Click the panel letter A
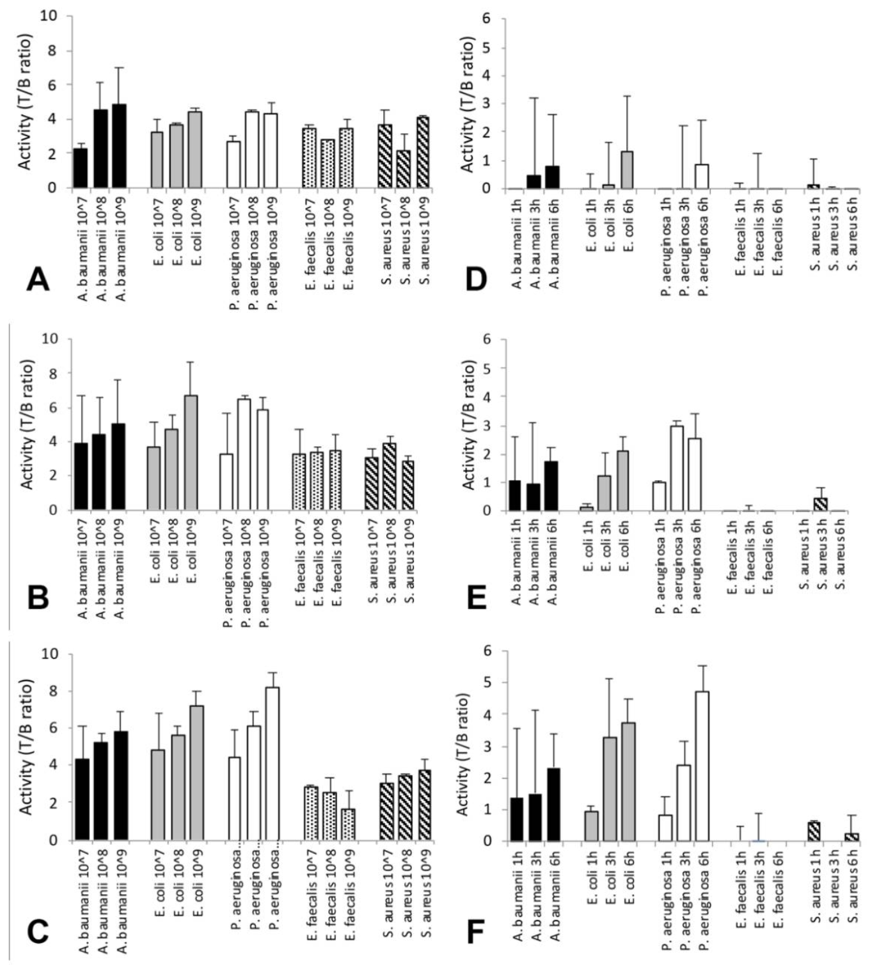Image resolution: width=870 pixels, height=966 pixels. pyautogui.click(x=38, y=279)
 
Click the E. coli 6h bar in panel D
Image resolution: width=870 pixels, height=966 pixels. pyautogui.click(x=628, y=170)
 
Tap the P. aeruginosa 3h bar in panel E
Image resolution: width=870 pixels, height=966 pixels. pyautogui.click(x=677, y=468)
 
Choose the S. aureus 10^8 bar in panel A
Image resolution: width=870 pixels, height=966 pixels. pyautogui.click(x=402, y=169)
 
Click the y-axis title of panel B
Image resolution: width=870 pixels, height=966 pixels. pyautogui.click(x=27, y=424)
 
